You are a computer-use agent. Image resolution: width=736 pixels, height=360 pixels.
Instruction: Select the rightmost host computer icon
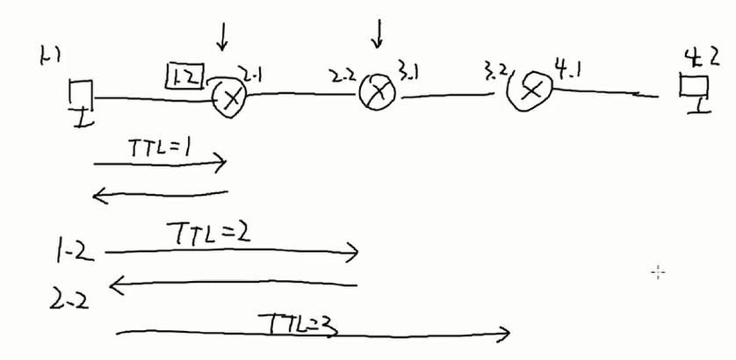tap(694, 90)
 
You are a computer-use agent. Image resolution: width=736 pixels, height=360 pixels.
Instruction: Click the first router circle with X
tap(230, 98)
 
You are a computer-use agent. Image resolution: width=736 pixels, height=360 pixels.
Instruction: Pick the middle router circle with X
tap(379, 90)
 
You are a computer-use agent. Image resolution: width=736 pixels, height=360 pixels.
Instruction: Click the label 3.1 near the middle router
tap(408, 68)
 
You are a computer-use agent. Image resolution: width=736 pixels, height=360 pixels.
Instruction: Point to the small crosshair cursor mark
tap(658, 272)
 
